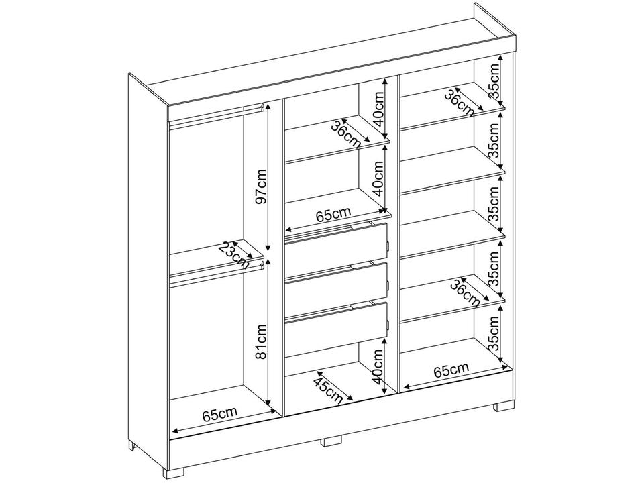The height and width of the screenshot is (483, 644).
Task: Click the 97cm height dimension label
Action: pyautogui.click(x=262, y=186)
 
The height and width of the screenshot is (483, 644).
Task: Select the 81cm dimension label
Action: pyautogui.click(x=262, y=342)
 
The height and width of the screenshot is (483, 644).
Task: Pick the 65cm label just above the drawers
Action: pyautogui.click(x=333, y=214)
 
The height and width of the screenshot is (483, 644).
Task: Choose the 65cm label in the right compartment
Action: pyautogui.click(x=450, y=370)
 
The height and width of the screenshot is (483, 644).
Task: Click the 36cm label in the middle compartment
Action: pyautogui.click(x=349, y=134)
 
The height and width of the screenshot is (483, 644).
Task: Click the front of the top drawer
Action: pyautogui.click(x=336, y=241)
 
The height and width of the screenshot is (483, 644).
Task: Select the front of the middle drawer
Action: pyautogui.click(x=336, y=283)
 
